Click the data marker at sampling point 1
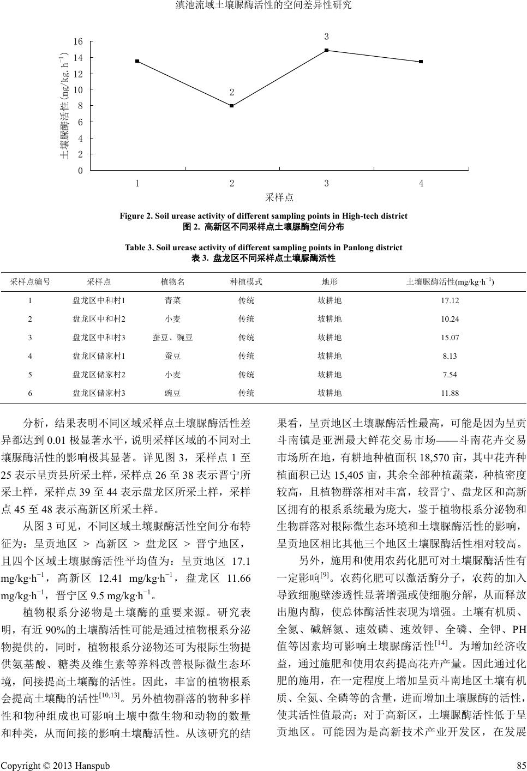(x=137, y=61)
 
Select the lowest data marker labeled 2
(x=232, y=106)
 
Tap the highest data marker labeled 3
(x=326, y=50)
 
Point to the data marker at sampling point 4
(x=421, y=62)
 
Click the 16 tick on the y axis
(x=78, y=41)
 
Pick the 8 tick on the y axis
(x=80, y=106)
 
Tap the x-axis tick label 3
(x=326, y=184)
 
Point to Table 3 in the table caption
(x=140, y=248)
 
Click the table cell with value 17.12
(x=450, y=300)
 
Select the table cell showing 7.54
(x=450, y=375)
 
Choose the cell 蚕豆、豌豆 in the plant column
(x=172, y=338)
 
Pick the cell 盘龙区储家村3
(x=99, y=393)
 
